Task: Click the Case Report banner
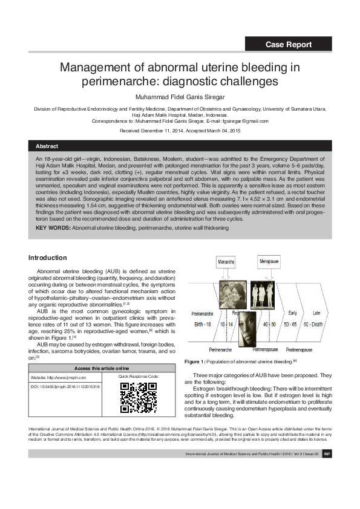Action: coord(289,44)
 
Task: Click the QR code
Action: coord(139,397)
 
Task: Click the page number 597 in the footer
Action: coord(326,470)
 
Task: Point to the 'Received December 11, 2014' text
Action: coord(154,131)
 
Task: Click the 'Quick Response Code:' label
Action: coord(139,377)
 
